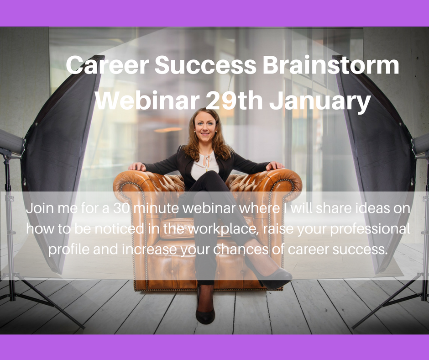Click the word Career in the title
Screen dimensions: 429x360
click(107, 65)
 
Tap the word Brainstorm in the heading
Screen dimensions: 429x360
click(331, 65)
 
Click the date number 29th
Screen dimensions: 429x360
click(234, 100)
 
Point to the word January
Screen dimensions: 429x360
click(320, 102)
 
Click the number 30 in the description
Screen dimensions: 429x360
click(121, 208)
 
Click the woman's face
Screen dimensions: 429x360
click(205, 127)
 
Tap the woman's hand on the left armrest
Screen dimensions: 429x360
click(138, 166)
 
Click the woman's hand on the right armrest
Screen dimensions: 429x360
click(275, 165)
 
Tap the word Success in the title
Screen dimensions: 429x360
click(205, 65)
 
